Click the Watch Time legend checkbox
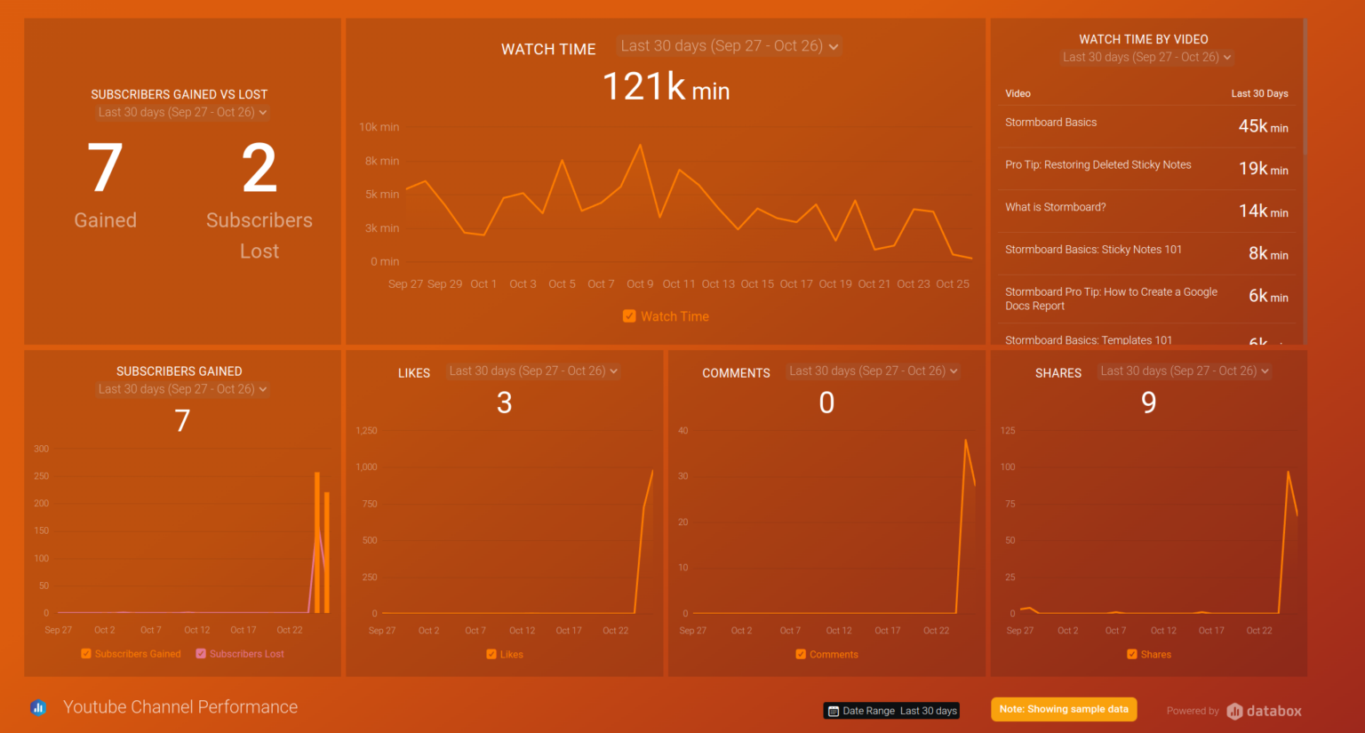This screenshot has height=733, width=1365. (x=629, y=316)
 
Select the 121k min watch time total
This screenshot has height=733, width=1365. (x=666, y=87)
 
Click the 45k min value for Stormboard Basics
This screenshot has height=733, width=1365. (x=1263, y=126)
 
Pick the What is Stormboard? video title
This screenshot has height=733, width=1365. (x=1055, y=207)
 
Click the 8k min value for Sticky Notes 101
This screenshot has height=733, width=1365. (x=1267, y=253)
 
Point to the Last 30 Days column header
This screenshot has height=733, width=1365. (x=1258, y=93)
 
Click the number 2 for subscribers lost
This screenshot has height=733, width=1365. (x=259, y=169)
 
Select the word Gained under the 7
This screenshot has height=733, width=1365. (x=105, y=220)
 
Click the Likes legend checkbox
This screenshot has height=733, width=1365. (x=491, y=655)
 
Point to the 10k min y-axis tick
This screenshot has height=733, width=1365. (x=379, y=127)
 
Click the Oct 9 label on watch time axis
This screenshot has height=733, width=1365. (x=640, y=284)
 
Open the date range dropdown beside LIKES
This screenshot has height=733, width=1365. (x=533, y=371)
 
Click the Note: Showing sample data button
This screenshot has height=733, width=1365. (x=1063, y=709)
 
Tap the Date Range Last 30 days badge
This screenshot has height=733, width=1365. (x=891, y=711)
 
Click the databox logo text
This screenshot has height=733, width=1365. (x=1273, y=711)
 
